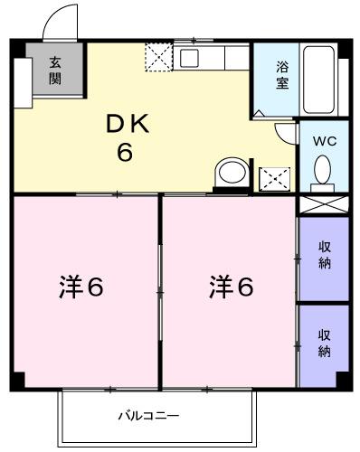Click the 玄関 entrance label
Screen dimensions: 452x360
[54, 70]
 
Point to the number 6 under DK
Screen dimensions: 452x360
[124, 152]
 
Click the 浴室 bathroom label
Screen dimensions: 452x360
[281, 76]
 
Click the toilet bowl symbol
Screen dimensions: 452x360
[323, 169]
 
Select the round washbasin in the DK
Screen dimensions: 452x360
[232, 173]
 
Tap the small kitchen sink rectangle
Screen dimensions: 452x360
[188, 59]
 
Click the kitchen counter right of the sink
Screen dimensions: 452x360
[225, 59]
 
